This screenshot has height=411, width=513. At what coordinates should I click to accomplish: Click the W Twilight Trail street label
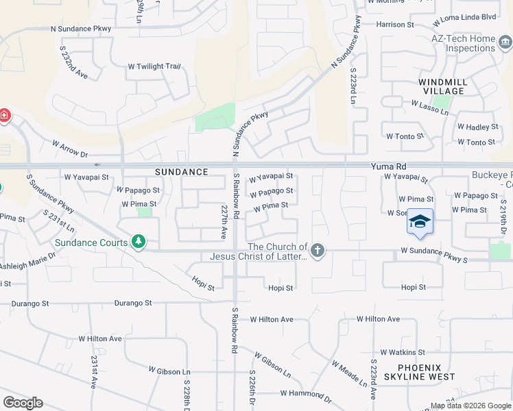click(x=154, y=66)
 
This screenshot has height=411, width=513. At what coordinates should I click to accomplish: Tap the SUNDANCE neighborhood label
click(x=181, y=172)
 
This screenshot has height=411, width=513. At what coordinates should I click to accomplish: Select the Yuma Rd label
click(x=389, y=166)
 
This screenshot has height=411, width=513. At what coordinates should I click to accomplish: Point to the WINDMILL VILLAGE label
click(x=443, y=86)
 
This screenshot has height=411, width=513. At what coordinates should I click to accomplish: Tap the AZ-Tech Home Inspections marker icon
click(x=505, y=43)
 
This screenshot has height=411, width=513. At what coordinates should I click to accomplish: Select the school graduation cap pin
click(x=420, y=221)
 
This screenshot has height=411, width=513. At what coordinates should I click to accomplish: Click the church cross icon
click(x=317, y=251)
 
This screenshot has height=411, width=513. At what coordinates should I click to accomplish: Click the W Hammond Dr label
click(x=306, y=395)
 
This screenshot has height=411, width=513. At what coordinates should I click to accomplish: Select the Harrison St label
click(x=396, y=24)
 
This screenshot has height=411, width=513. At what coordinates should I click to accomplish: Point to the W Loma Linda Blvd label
click(x=469, y=36)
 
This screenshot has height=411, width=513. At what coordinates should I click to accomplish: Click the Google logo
click(x=23, y=403)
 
